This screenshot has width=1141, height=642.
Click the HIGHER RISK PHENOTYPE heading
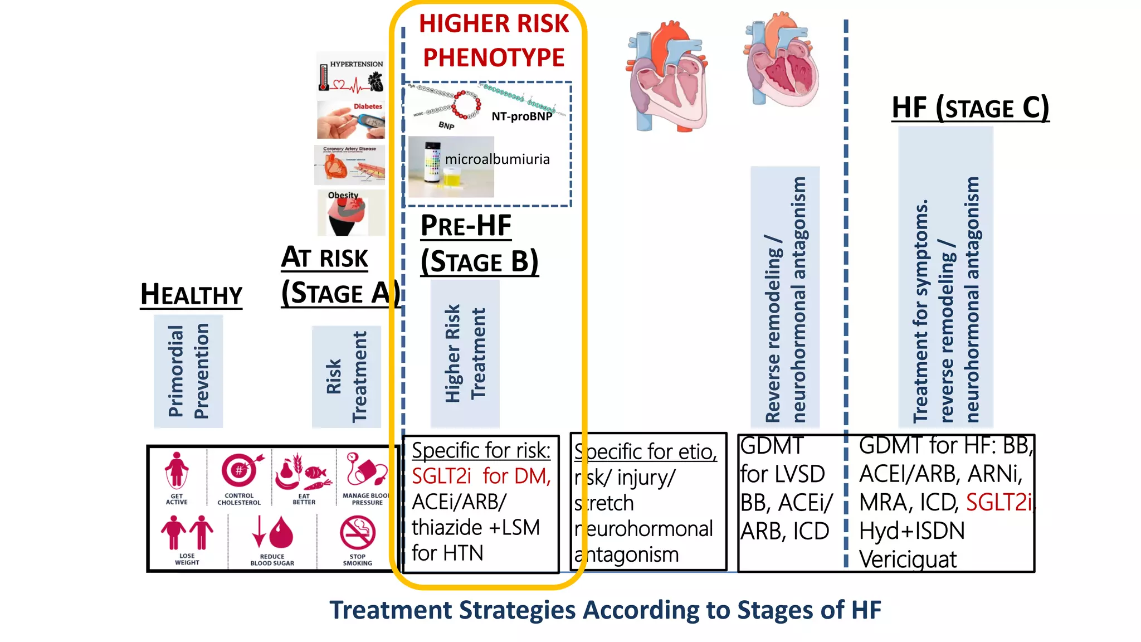pos(494,41)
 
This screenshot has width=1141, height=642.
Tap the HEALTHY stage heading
pos(191,294)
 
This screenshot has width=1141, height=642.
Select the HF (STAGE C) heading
pos(970,108)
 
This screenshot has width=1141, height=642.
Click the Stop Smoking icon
pos(357,533)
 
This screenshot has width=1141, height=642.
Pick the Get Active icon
pos(177,471)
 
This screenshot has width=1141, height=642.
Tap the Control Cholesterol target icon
pos(240,471)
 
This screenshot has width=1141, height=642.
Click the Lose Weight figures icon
pos(187,532)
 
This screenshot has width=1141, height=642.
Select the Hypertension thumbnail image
pos(351,76)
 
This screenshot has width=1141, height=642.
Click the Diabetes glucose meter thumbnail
pos(351,120)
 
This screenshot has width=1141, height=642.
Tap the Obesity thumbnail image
pos(351,213)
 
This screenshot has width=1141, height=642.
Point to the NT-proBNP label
pos(521,116)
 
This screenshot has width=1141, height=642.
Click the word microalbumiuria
pos(497,159)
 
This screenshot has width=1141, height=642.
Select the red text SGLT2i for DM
pos(481,476)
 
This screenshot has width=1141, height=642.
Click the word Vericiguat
pos(908,559)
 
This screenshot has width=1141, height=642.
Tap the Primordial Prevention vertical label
pos(188,371)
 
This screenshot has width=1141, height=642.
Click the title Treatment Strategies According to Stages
pos(605,610)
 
